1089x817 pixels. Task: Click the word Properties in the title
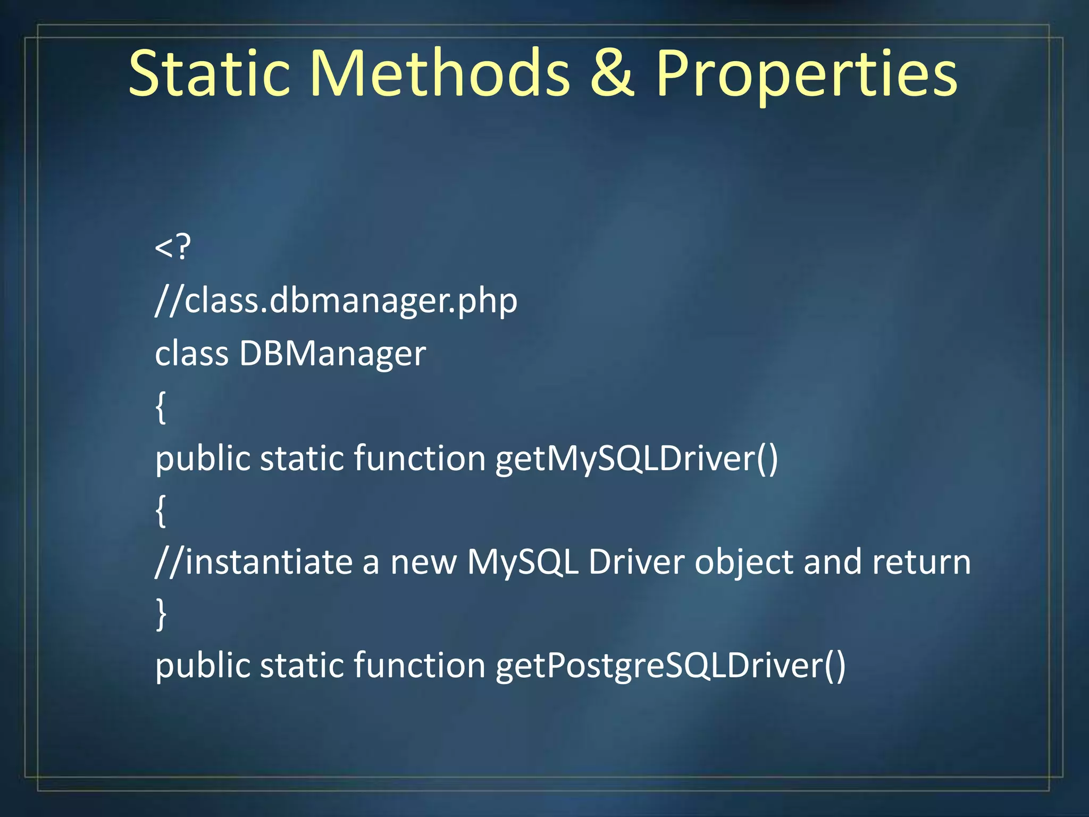tap(806, 74)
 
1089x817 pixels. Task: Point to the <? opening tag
tap(172, 247)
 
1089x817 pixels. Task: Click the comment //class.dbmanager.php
tap(336, 301)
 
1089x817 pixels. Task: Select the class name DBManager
tap(332, 354)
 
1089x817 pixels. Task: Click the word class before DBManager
tap(191, 354)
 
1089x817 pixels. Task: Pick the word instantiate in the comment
tap(269, 562)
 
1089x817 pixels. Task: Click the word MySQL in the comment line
tap(523, 562)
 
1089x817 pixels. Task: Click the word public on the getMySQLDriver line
tap(202, 458)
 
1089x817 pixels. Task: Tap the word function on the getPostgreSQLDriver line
tap(419, 666)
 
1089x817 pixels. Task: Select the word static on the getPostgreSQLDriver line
tap(301, 666)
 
